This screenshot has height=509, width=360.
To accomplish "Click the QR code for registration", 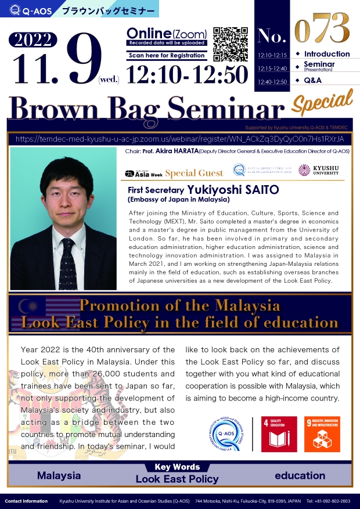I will tap(231, 43).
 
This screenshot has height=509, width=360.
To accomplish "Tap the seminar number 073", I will tap(322, 27).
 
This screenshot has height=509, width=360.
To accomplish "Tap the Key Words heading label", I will tap(177, 467).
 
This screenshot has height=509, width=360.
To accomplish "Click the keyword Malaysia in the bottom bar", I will tap(59, 475).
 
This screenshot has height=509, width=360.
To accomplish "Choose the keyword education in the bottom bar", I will tap(300, 475).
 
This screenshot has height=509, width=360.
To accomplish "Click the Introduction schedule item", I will tap(327, 54).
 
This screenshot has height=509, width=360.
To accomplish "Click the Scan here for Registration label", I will tap(167, 56).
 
